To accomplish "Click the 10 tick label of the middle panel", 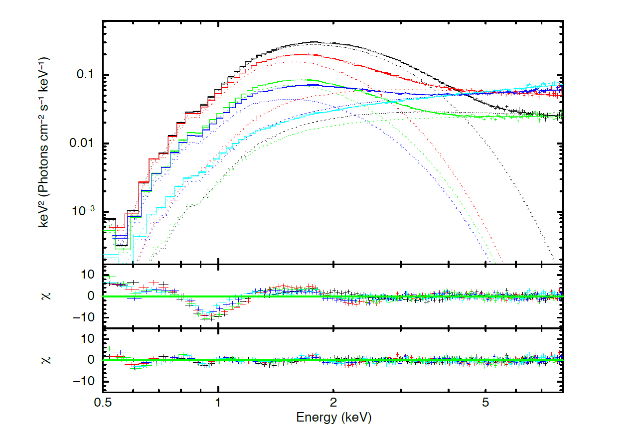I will tap(88, 275).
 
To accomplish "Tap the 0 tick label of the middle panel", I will tap(91, 296).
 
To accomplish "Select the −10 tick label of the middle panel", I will tap(85, 317).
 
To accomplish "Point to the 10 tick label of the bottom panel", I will tap(88, 339).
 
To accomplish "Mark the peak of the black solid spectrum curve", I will tap(314, 42).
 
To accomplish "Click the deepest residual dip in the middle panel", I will tap(208, 318).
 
